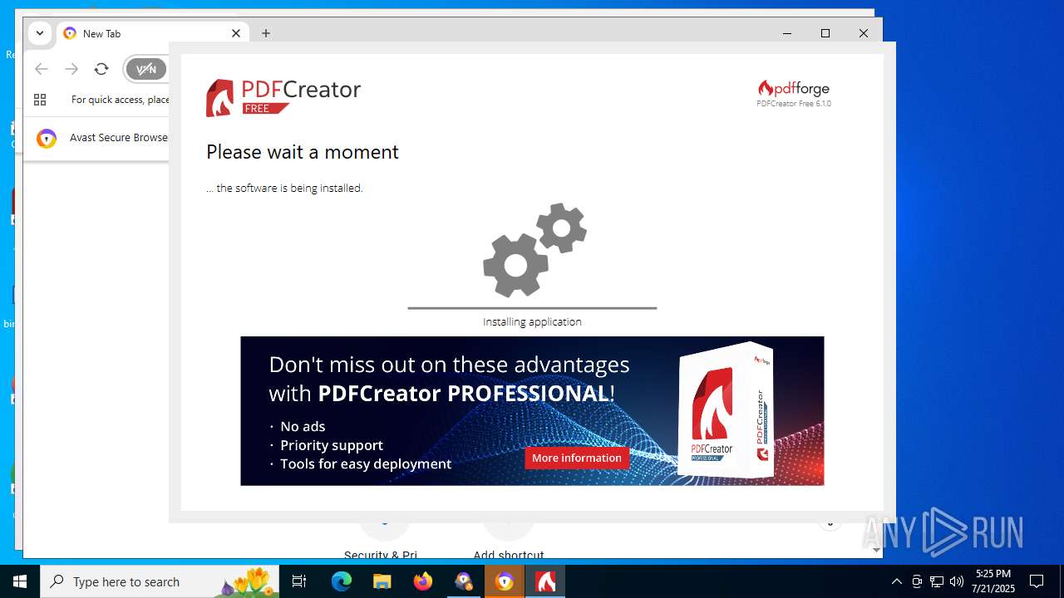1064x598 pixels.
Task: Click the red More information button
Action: coord(577,458)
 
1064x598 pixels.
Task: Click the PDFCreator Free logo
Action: coord(283,97)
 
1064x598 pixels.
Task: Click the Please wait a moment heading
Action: coord(303,152)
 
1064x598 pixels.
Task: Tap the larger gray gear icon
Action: coord(515,265)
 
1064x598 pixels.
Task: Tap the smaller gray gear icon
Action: coord(562,228)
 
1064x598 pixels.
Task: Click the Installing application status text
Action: coord(532,321)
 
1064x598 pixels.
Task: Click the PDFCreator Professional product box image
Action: coord(725,411)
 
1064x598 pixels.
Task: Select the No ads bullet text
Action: coord(303,426)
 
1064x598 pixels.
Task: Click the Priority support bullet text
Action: coord(332,445)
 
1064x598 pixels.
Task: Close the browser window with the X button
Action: coord(864,33)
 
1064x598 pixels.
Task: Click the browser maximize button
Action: coord(825,33)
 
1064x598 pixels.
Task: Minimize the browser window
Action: coord(787,33)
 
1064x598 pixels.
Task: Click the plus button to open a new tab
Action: coord(266,33)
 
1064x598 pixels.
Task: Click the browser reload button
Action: coord(101,69)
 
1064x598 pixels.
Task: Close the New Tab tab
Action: coord(236,33)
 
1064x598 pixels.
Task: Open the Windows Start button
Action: coord(20,581)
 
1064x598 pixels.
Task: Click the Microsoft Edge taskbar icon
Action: coord(342,581)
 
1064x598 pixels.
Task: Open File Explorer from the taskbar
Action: coord(382,581)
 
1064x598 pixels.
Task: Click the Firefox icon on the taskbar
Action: coord(423,581)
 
